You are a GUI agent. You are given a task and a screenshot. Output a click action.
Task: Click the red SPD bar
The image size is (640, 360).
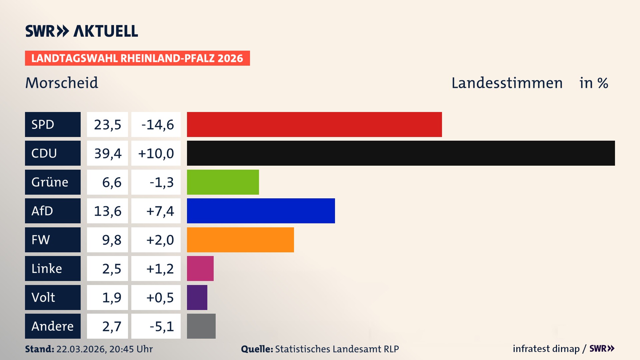click(314, 124)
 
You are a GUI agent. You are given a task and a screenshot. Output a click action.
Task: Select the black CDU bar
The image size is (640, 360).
click(401, 153)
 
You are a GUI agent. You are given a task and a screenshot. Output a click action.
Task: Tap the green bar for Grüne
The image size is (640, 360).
click(223, 182)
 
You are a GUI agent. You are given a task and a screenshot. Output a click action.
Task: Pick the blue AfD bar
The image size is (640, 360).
click(261, 211)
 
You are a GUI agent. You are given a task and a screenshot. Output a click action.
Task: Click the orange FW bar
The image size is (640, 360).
click(240, 240)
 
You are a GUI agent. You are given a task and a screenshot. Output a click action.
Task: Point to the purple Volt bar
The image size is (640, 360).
click(197, 297)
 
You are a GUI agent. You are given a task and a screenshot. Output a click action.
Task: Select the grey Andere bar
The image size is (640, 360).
click(201, 326)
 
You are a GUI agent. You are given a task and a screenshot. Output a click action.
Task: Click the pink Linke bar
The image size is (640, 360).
click(200, 268)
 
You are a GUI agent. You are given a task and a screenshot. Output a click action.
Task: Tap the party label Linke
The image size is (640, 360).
click(47, 268)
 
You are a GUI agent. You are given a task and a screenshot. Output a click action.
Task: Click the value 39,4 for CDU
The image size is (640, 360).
click(108, 153)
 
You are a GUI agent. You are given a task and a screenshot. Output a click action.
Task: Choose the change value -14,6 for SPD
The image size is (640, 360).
click(157, 125)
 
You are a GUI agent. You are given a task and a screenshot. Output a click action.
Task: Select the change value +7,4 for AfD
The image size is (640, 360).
click(160, 211)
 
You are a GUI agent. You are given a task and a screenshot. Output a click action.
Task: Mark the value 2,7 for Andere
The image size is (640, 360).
click(112, 326)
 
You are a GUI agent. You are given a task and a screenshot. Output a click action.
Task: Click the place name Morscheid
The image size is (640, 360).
click(62, 83)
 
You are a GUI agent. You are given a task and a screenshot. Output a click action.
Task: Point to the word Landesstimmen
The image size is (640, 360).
click(507, 83)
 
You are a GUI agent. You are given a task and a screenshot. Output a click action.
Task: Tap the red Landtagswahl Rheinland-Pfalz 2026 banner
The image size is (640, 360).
click(137, 58)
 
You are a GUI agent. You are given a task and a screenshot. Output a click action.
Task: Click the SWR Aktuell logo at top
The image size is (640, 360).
click(81, 31)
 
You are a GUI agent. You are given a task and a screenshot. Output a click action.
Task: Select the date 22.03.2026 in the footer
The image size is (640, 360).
click(81, 349)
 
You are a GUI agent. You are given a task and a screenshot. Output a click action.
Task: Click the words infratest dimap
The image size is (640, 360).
click(546, 349)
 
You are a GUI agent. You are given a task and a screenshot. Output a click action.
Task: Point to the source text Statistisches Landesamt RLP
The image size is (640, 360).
click(337, 349)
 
